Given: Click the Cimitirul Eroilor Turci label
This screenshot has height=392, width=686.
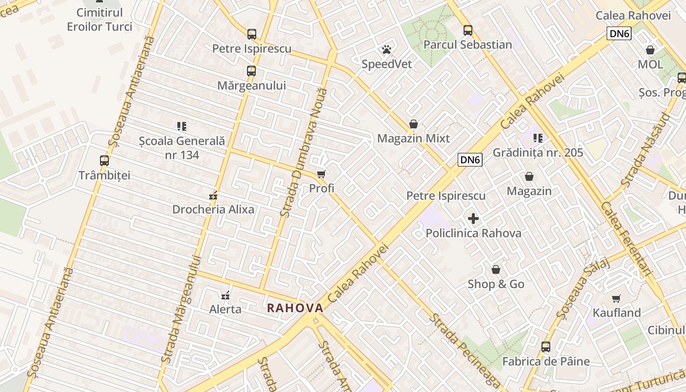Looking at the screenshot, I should (x=99, y=20).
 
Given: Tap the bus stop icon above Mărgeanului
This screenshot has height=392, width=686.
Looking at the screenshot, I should (x=251, y=71).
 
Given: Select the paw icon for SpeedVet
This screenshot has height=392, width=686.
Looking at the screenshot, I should (x=387, y=49).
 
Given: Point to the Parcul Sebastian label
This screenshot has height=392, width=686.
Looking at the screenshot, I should (x=467, y=45).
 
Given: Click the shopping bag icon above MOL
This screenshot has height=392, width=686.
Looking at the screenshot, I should (x=650, y=50).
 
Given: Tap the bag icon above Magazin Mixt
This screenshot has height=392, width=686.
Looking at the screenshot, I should (x=414, y=124).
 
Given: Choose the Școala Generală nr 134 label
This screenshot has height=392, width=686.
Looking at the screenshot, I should (x=182, y=147).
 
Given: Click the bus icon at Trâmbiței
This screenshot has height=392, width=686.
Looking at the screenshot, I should (x=104, y=161).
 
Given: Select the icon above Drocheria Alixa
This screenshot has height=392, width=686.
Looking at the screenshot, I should (x=213, y=196).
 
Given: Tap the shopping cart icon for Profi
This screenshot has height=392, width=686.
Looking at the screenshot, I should (x=321, y=174).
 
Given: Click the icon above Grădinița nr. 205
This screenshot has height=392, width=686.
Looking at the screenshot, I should (x=538, y=138).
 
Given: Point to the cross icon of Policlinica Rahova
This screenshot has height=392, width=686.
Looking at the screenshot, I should (x=473, y=219).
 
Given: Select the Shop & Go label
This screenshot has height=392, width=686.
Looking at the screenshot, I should (x=496, y=284).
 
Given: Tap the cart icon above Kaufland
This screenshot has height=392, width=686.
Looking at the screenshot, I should (x=616, y=298).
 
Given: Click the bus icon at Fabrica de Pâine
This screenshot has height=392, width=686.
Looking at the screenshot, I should (x=546, y=347).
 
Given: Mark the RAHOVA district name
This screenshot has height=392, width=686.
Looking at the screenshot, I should (x=295, y=308).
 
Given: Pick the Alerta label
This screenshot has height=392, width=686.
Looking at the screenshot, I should (x=225, y=309).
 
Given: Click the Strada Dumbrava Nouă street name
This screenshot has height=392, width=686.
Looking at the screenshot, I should (x=303, y=152).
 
